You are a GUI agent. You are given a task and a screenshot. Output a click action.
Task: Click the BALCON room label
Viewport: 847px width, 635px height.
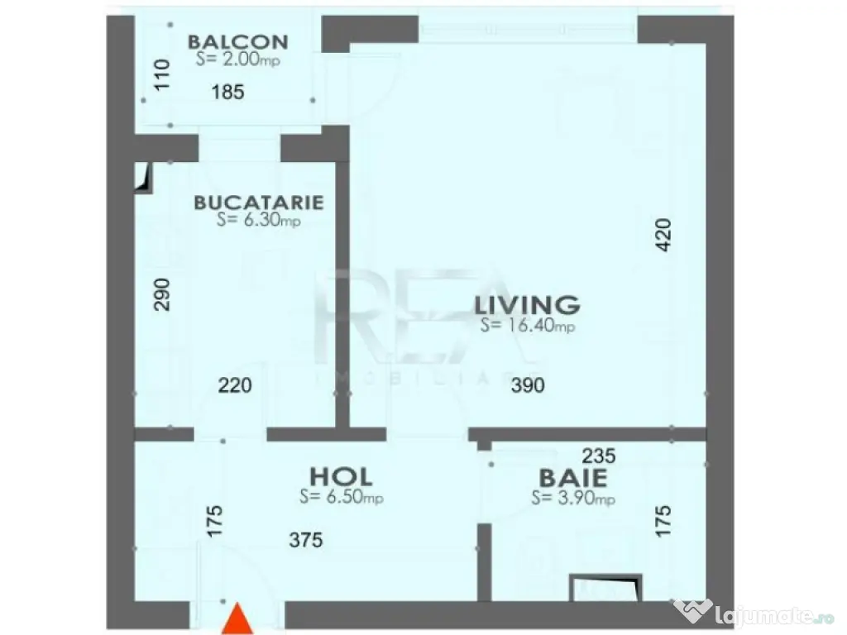point(237,41)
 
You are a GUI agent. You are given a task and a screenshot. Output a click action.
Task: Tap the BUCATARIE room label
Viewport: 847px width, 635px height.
point(258,203)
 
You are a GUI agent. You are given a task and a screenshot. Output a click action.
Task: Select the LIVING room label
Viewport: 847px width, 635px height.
point(527,304)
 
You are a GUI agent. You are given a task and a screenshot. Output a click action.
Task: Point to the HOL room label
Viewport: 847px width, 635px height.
point(341,477)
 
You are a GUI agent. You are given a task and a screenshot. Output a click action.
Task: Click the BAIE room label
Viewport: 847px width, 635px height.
point(573,478)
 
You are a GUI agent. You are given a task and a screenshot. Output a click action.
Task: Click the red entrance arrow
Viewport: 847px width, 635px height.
point(239,620)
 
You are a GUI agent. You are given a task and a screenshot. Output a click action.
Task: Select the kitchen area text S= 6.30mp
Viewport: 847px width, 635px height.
point(257,220)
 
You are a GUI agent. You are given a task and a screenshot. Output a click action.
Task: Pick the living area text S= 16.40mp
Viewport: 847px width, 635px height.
point(527,326)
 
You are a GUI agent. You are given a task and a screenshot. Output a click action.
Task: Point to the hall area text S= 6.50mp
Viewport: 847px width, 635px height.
point(341,498)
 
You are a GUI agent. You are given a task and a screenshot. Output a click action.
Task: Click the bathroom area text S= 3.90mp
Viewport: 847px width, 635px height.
point(573,499)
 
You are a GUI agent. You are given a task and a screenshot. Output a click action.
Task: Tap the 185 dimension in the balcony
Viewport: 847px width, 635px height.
point(228,93)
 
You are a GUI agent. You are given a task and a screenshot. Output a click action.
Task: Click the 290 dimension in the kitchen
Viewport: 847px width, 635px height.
point(161,294)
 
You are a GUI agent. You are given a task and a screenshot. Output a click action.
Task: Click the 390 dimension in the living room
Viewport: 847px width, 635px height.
point(528,385)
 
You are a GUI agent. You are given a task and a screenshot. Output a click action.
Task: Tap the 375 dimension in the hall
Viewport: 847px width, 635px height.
point(306,541)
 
